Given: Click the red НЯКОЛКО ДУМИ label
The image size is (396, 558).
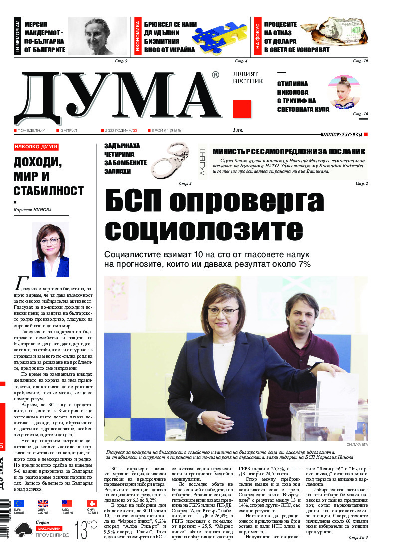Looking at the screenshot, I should [36, 147].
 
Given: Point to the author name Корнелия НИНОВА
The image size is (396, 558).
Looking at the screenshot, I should [33, 210].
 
